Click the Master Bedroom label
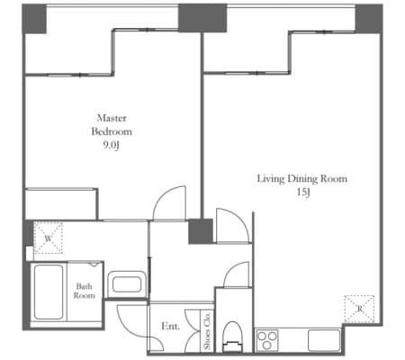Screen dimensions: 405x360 click(x=112, y=125)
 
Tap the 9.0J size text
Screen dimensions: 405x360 click(x=112, y=146)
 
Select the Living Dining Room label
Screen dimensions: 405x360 click(x=302, y=179)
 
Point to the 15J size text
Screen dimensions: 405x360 click(x=303, y=192)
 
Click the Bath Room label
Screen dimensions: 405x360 click(x=85, y=291)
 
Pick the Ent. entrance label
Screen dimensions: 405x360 click(x=170, y=326)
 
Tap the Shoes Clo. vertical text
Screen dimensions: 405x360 click(x=207, y=330)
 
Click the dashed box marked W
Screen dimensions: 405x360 click(x=48, y=238)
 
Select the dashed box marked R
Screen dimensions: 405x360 click(x=359, y=309)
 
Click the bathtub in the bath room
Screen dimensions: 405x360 click(x=49, y=292)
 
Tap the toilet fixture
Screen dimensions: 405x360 click(x=233, y=337)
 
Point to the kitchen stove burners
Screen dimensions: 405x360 click(x=267, y=340)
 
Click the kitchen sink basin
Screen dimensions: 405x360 click(x=324, y=340)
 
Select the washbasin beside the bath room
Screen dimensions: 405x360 click(x=127, y=284)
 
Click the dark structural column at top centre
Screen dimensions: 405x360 click(x=202, y=18)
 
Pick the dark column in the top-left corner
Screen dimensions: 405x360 click(x=34, y=19)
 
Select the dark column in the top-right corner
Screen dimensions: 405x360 click(x=369, y=19)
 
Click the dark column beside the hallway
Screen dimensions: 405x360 click(x=201, y=231)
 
